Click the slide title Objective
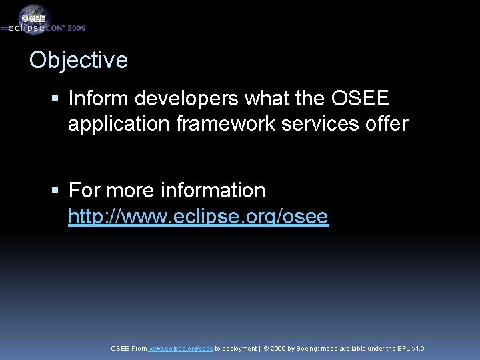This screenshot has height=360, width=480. [79, 60]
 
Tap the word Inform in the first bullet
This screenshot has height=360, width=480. [98, 99]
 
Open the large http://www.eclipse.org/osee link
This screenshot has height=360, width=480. [198, 217]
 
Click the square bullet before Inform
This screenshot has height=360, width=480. [56, 99]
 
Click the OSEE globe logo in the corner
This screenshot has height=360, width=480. [33, 17]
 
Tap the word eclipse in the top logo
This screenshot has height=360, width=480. [27, 29]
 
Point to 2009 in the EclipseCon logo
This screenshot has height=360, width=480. [76, 29]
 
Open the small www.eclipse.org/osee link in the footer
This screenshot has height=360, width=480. [180, 349]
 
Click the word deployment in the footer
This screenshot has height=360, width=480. [239, 349]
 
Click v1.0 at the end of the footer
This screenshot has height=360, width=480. [418, 349]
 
